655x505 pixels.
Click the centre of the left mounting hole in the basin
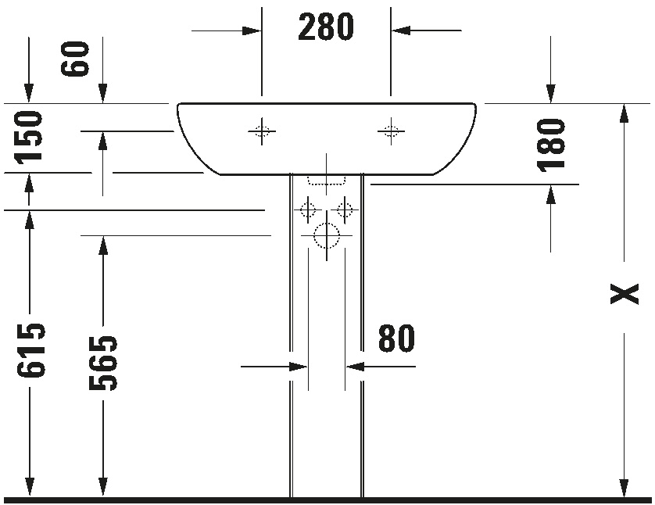click(x=262, y=131)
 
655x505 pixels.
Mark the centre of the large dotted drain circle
click(x=327, y=235)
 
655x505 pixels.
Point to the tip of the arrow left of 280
click(x=261, y=30)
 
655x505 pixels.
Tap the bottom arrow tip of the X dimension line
click(x=624, y=497)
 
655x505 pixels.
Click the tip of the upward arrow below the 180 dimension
click(x=550, y=184)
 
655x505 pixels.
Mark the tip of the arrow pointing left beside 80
click(x=346, y=367)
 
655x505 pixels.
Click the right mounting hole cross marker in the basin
click(x=391, y=131)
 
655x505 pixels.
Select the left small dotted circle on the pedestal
click(x=308, y=209)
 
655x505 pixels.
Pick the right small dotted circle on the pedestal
click(x=345, y=209)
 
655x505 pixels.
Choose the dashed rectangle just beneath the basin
click(x=327, y=180)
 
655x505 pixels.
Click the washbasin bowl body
click(x=327, y=138)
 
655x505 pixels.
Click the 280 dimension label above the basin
click(x=326, y=27)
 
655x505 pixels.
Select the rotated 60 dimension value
click(x=75, y=59)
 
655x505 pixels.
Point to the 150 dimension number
click(x=28, y=136)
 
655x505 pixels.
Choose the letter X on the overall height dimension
click(x=625, y=294)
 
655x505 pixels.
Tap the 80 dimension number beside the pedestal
click(x=396, y=338)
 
